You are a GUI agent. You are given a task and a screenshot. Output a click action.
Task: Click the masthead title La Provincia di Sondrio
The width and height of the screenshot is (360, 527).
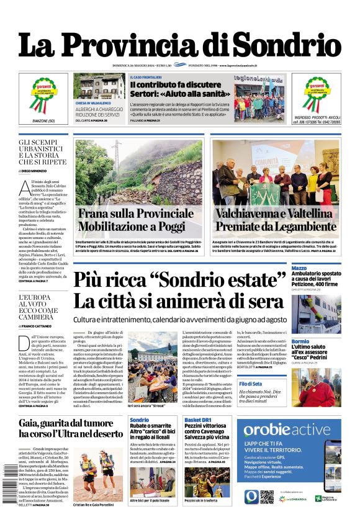180,45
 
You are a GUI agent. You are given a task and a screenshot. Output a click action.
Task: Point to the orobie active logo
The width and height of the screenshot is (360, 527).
286,430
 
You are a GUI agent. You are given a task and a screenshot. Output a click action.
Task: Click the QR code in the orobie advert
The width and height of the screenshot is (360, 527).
266,496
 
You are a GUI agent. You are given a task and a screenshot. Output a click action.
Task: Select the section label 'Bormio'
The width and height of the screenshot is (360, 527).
300,341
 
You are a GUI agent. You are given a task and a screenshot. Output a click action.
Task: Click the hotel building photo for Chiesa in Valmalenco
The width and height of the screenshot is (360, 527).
99,86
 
